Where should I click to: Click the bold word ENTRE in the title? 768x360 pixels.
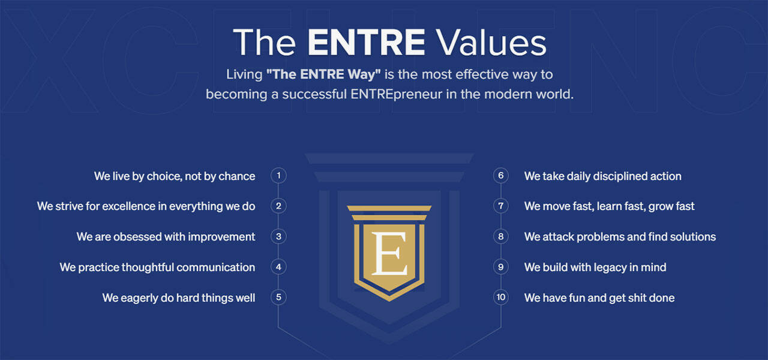(x=366, y=42)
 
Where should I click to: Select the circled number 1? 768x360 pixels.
(x=278, y=176)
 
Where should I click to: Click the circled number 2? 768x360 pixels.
(x=278, y=206)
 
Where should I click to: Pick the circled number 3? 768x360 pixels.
(x=278, y=236)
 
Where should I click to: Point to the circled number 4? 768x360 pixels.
(x=278, y=267)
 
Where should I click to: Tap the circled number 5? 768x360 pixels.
(x=278, y=297)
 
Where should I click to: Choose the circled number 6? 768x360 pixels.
(x=501, y=176)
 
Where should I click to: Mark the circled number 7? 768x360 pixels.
(x=501, y=206)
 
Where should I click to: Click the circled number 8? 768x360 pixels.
(x=501, y=236)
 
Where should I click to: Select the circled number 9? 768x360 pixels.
(x=501, y=267)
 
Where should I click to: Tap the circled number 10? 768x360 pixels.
(x=501, y=297)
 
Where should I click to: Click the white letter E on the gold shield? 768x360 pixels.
(x=389, y=253)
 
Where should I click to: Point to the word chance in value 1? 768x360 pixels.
(x=236, y=176)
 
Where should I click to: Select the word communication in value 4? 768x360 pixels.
(x=215, y=268)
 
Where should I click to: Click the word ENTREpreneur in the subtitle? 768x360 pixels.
(x=396, y=94)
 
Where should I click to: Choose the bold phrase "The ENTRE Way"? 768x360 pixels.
(x=323, y=74)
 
